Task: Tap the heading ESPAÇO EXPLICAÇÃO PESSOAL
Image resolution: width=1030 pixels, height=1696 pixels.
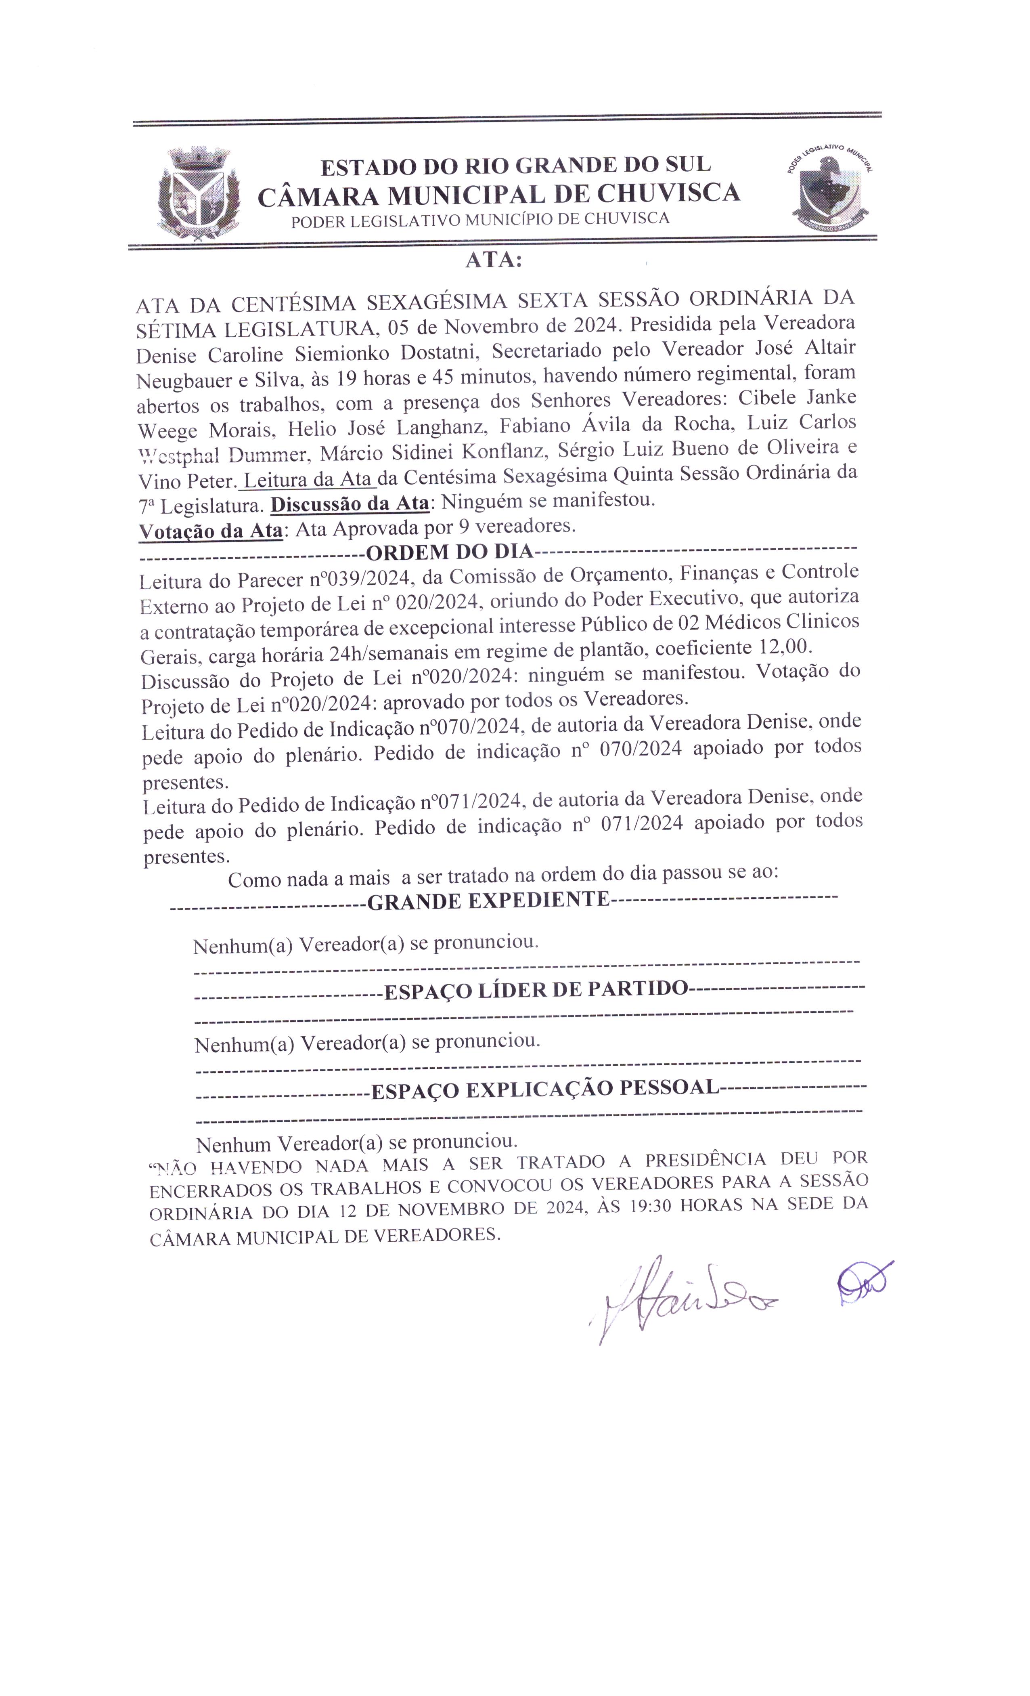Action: (545, 1088)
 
